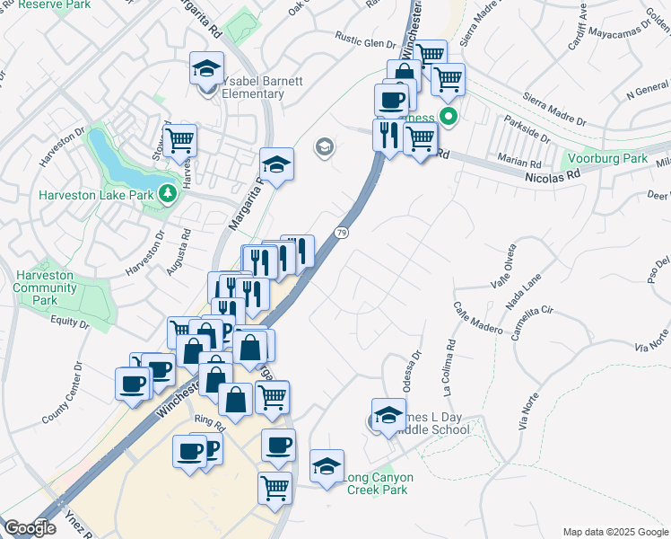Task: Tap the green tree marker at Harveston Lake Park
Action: click(x=166, y=192)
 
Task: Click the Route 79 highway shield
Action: click(x=341, y=233)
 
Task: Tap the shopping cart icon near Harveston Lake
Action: click(x=180, y=140)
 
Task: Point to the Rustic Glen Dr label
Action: click(x=365, y=42)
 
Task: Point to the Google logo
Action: click(x=30, y=528)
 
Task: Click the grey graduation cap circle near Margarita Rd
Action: click(x=324, y=147)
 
